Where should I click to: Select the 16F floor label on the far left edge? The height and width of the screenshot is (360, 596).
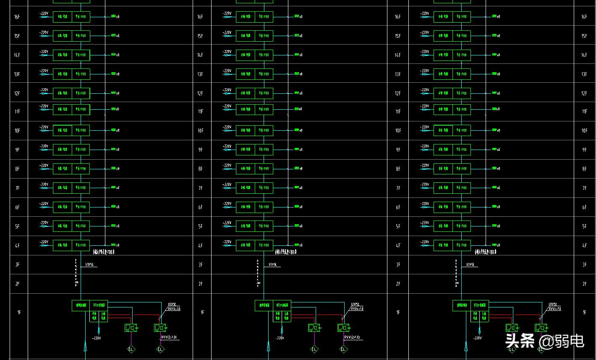[17, 17]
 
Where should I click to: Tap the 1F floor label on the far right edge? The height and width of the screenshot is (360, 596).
[584, 312]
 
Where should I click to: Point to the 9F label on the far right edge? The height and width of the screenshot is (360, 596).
[584, 150]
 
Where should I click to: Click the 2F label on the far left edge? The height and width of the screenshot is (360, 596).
[17, 284]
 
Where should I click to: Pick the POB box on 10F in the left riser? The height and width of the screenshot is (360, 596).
[81, 131]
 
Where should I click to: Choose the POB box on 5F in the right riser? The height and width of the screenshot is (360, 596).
[462, 226]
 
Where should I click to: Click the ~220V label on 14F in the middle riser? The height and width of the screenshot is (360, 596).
[227, 52]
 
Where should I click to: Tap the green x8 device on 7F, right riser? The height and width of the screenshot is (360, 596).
[495, 188]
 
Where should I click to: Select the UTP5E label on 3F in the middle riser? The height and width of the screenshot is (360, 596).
[272, 265]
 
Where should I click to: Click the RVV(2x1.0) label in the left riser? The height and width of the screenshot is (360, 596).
[170, 337]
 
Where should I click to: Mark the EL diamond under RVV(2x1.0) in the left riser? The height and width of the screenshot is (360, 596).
[160, 349]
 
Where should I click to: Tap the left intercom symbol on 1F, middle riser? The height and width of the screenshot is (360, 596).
[314, 328]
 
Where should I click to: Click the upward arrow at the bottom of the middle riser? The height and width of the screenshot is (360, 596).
[269, 347]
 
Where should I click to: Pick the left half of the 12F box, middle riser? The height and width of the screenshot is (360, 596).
[246, 93]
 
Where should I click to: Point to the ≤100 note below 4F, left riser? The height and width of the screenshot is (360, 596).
[103, 252]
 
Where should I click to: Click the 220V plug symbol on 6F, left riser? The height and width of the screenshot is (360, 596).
[44, 207]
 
